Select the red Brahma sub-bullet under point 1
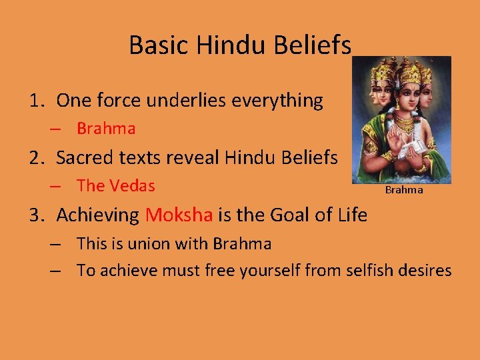[x=106, y=129]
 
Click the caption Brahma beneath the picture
[x=404, y=190]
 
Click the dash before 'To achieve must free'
[x=56, y=271]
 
